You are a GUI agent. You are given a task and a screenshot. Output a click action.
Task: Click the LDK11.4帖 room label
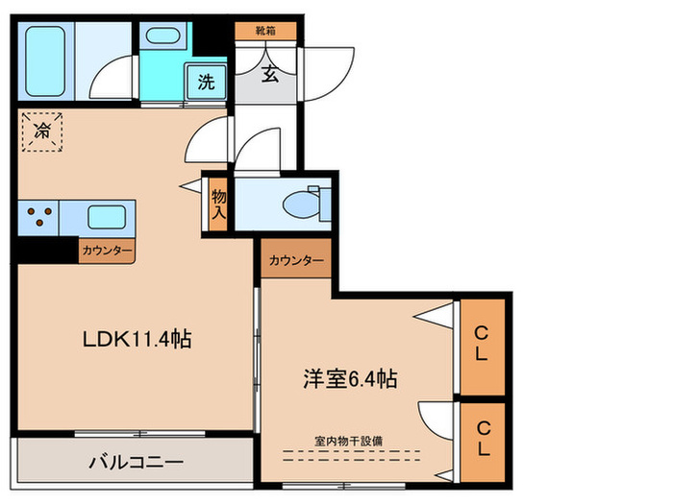click(x=136, y=339)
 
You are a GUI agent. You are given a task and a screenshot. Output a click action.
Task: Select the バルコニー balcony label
click(x=136, y=462)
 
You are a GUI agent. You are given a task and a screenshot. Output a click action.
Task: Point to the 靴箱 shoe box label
click(x=269, y=32)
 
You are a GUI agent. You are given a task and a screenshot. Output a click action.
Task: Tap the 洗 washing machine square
click(x=207, y=81)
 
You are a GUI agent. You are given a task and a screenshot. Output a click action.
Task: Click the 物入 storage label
click(x=218, y=204)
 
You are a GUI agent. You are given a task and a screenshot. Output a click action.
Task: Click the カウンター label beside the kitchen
click(x=108, y=251)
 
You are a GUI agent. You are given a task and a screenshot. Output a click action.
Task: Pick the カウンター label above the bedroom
click(x=295, y=259)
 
